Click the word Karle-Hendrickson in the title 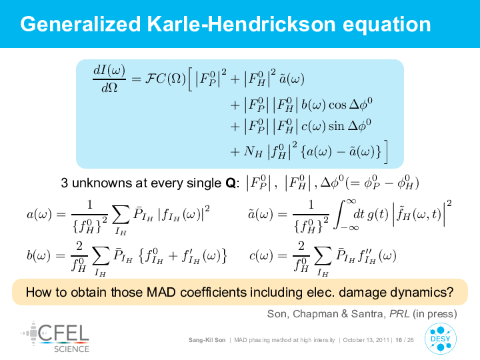tap(241, 24)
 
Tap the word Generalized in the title tap(81, 25)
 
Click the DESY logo tap(441, 339)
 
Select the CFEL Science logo tap(55, 337)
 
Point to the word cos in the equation tap(337, 105)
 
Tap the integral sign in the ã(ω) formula tap(341, 214)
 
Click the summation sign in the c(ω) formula tap(323, 255)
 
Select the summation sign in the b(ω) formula tap(101, 255)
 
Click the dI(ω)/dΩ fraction tap(109, 79)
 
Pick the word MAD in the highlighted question tap(161, 292)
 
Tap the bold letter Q tap(230, 183)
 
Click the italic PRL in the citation tap(399, 314)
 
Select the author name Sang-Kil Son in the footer tap(207, 340)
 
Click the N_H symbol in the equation tap(253, 151)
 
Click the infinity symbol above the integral tap(351, 201)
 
